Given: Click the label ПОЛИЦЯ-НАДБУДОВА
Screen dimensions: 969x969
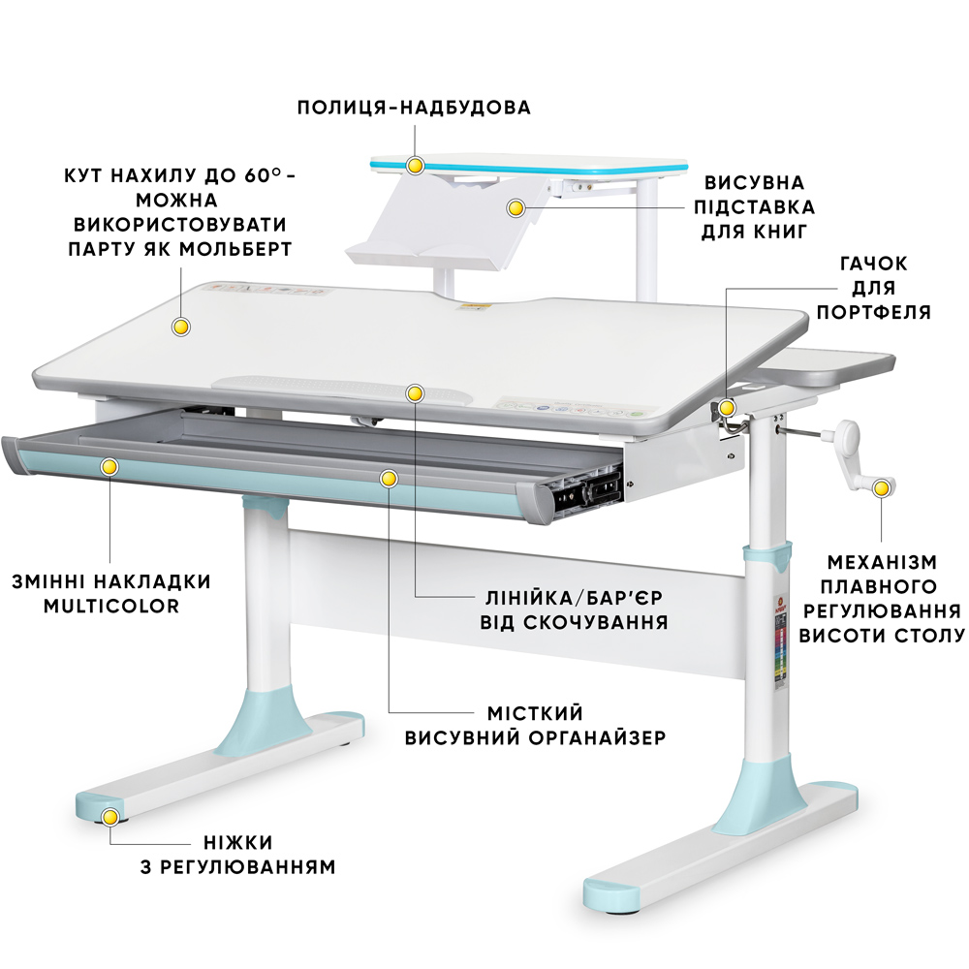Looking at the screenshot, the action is [x=414, y=108].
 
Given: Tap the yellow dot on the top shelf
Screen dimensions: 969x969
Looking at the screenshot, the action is [x=416, y=165].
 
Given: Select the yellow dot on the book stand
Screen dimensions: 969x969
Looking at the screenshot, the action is [x=516, y=208].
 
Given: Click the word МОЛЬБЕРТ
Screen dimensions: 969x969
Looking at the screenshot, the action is [x=236, y=249].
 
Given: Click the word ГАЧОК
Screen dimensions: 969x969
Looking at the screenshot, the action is [x=873, y=264].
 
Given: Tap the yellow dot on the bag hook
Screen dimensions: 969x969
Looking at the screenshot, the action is [x=727, y=408].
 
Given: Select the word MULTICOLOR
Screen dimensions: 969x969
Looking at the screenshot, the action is [x=111, y=607].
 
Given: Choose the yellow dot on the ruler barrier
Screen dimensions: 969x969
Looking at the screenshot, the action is [x=416, y=393].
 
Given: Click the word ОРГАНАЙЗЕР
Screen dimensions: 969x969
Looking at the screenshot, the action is [x=596, y=737].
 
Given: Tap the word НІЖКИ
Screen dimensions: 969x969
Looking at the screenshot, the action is [x=238, y=843].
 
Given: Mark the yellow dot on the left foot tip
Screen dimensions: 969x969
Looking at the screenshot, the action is [x=110, y=818].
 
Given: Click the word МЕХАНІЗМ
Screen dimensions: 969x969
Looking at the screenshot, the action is [x=882, y=562].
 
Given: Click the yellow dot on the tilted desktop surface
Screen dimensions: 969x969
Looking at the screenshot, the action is [x=180, y=327].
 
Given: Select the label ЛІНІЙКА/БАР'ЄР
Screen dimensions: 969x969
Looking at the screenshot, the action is [x=574, y=598].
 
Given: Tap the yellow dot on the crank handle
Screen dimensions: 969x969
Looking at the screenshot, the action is [x=881, y=488].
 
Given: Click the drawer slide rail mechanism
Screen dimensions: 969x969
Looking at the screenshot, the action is [x=587, y=488].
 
